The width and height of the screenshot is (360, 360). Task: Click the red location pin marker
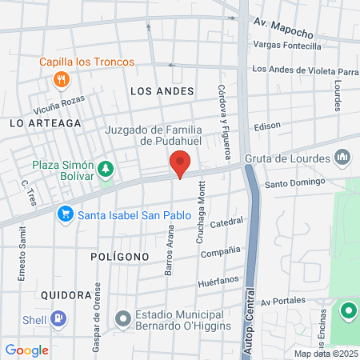(181, 164)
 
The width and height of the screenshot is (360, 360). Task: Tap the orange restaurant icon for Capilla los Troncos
(62, 79)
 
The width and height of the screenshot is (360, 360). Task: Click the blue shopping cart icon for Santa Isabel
(65, 214)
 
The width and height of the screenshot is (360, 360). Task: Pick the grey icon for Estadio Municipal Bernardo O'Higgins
(122, 319)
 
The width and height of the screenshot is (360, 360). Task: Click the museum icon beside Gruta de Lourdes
(342, 158)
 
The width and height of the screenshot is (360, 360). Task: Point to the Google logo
(26, 350)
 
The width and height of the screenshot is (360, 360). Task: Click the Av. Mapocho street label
(283, 28)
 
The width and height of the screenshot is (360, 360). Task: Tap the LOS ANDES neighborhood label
(162, 92)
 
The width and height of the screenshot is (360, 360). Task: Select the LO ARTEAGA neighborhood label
(46, 123)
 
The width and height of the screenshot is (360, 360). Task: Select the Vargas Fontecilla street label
(286, 46)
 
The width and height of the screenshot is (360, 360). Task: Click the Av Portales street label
(283, 300)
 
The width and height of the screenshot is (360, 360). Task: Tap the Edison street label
(267, 127)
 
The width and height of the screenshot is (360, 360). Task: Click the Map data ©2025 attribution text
(326, 354)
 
